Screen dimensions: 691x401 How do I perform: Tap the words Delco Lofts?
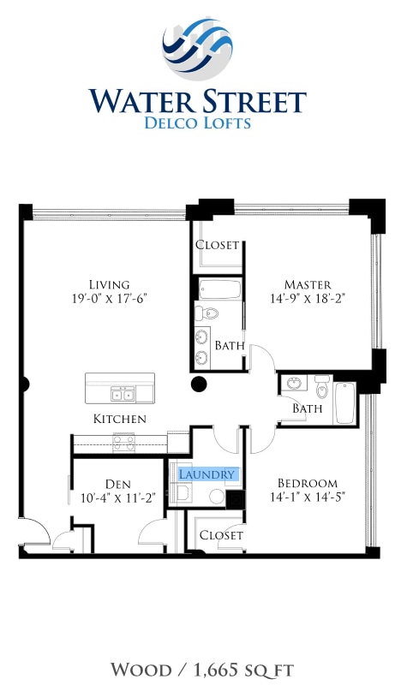click(x=198, y=122)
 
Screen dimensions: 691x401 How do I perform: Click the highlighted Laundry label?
click(x=206, y=474)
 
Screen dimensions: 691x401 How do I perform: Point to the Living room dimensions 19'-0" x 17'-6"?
click(x=109, y=300)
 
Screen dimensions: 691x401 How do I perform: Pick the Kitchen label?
click(x=120, y=419)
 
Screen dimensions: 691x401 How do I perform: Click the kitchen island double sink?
click(x=123, y=394)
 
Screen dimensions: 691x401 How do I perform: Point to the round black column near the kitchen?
click(x=199, y=385)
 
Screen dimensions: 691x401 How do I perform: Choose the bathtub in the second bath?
click(x=344, y=403)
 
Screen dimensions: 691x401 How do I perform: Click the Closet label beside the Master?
click(x=218, y=245)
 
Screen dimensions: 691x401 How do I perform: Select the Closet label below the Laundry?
click(x=221, y=534)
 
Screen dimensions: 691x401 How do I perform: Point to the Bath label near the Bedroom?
click(x=308, y=408)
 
